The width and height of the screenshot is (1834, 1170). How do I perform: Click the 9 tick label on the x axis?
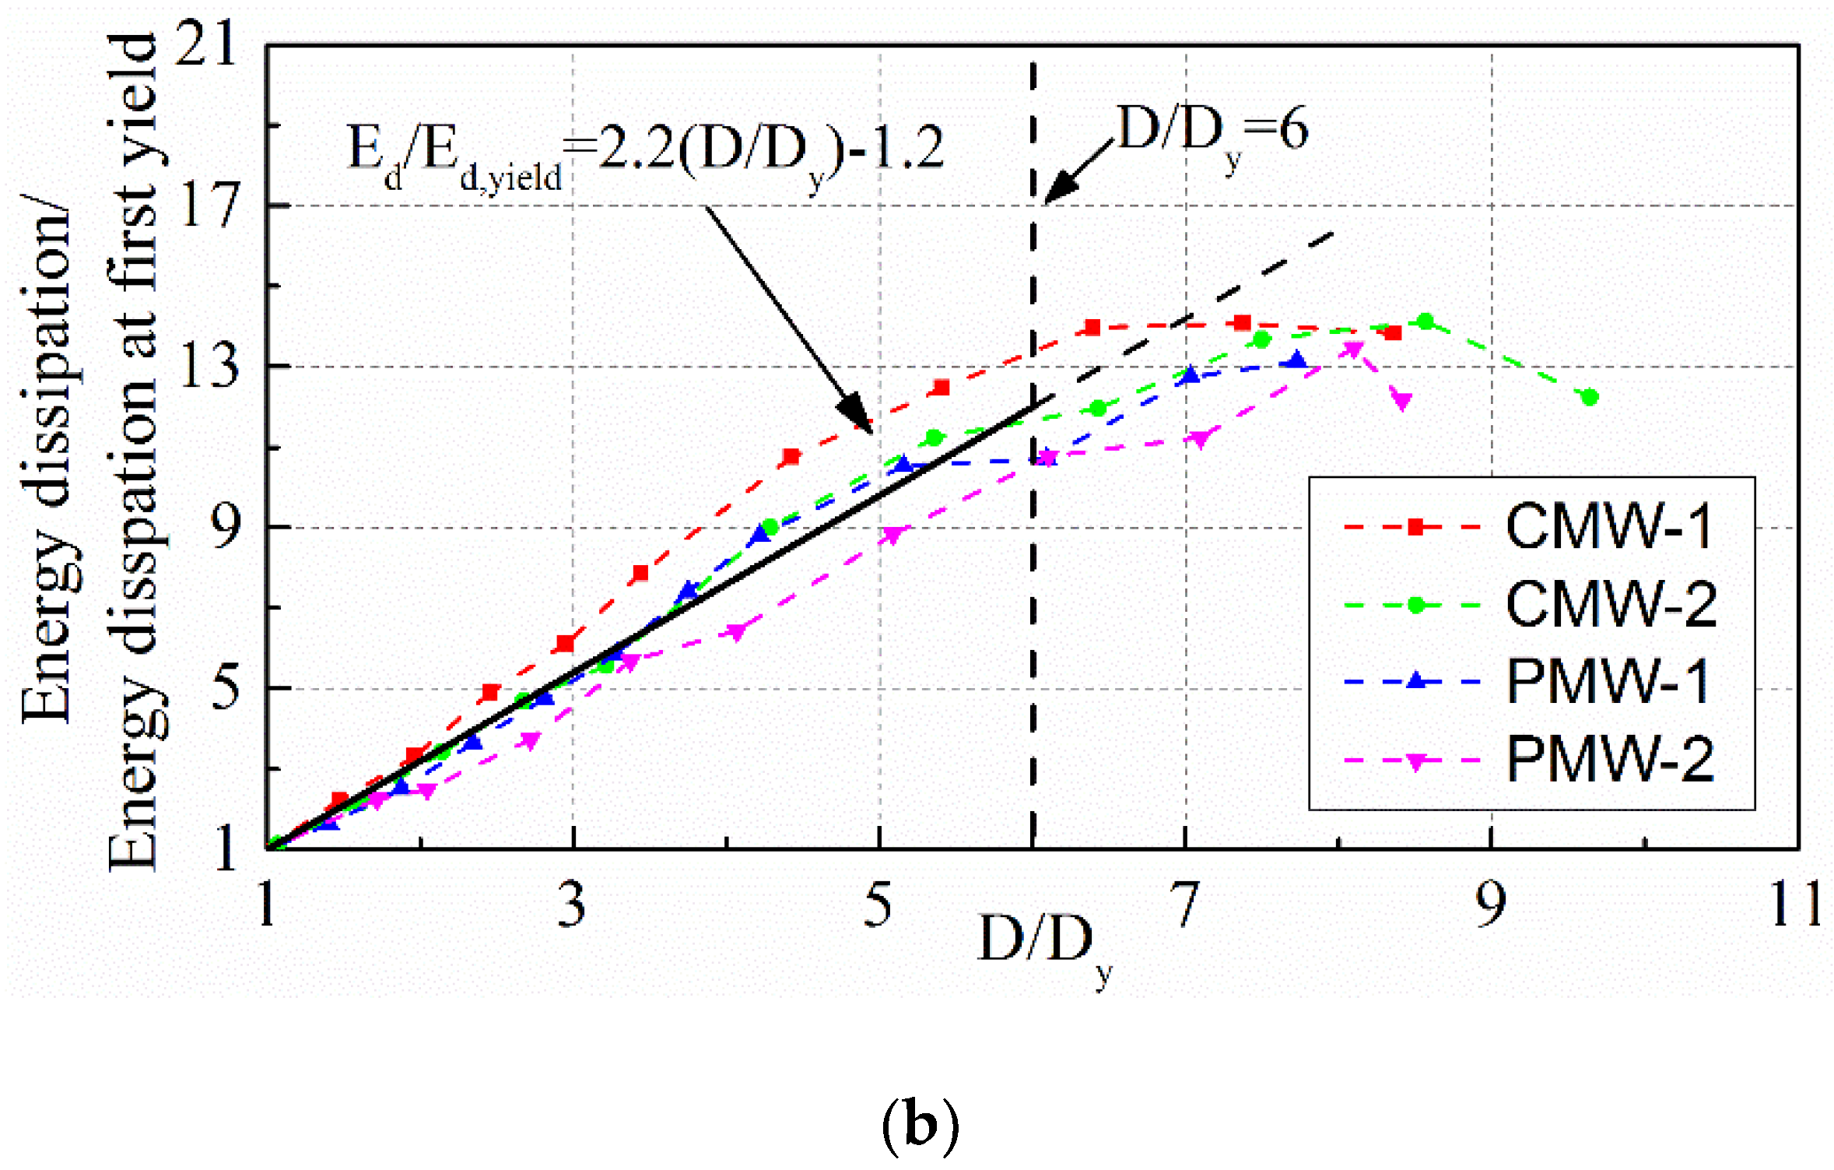coord(1491,905)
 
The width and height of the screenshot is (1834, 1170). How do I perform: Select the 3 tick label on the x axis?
coord(572,905)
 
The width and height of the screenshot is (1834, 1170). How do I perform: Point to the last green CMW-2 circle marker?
coord(1590,398)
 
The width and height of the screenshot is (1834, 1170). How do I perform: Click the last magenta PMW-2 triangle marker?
coord(1401,401)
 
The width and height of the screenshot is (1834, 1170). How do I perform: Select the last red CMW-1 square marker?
coord(1393,333)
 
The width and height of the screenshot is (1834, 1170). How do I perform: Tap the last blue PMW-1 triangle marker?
coord(1296,360)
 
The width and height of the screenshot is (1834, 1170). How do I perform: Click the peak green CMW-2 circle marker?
coord(1425,321)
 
